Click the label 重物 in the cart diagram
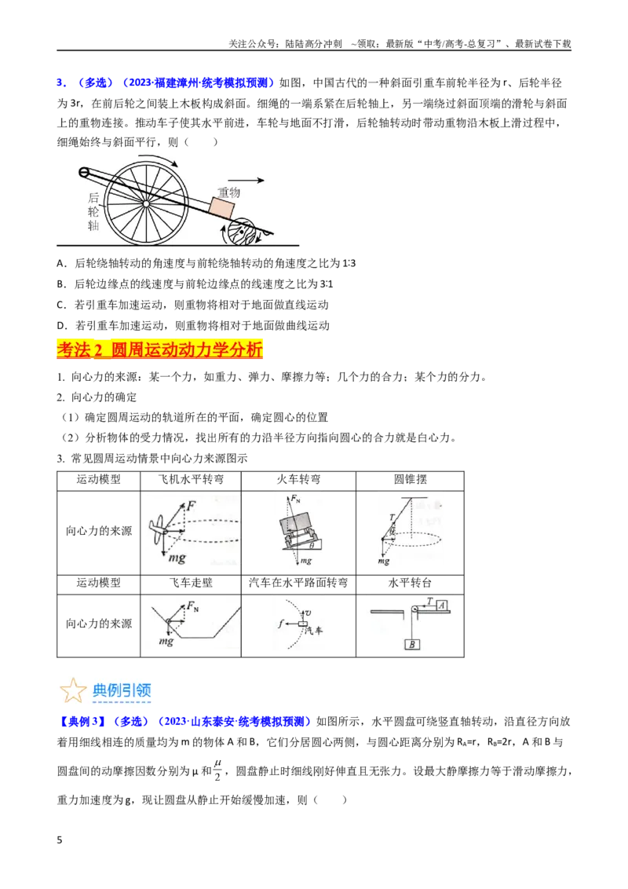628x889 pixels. pos(229,192)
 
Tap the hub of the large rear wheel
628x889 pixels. pos(146,203)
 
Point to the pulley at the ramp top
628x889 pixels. pos(84,172)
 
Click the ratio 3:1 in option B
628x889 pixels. pos(327,284)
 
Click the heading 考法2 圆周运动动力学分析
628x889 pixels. pos(160,349)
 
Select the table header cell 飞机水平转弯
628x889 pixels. pos(191,480)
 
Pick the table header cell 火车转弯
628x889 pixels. pos(299,480)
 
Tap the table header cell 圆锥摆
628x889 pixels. pos(411,480)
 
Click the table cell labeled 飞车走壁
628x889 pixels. pos(191,584)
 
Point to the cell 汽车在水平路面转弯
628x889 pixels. pos(299,584)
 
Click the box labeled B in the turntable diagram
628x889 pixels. pos(412,644)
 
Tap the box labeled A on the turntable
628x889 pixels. pos(442,605)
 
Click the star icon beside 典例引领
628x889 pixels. pos(73,690)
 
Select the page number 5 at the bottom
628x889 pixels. pos(60,840)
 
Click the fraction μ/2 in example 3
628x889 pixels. pos(218,770)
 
